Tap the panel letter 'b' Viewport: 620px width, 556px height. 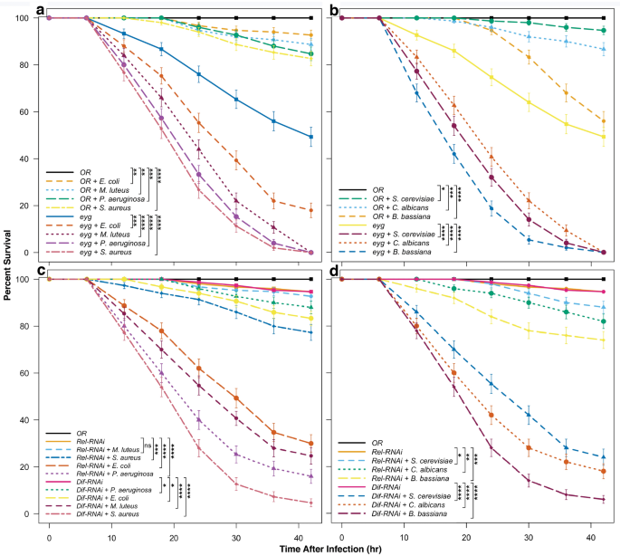pos(333,10)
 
